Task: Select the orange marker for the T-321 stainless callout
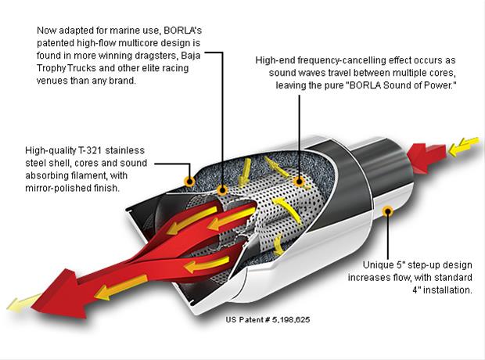pyautogui.click(x=189, y=181)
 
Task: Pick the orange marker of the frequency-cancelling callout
pyautogui.click(x=298, y=181)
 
